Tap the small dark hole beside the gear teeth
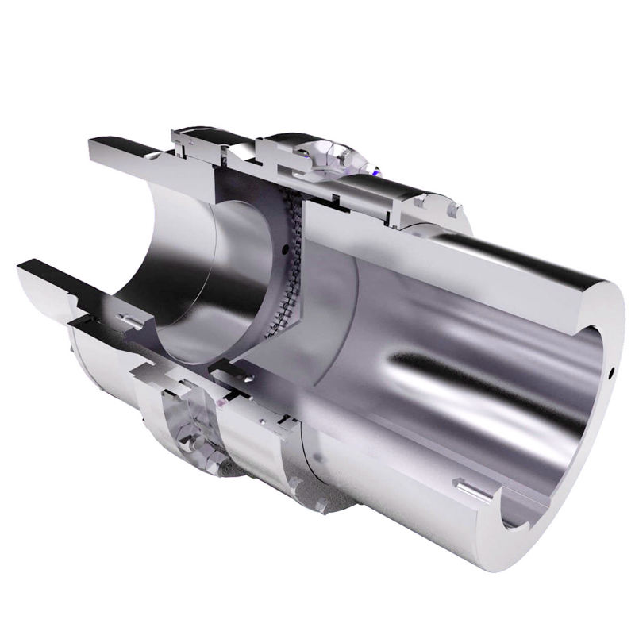click(x=283, y=248)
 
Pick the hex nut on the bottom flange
click(x=187, y=433)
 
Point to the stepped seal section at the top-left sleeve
click(x=190, y=143)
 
